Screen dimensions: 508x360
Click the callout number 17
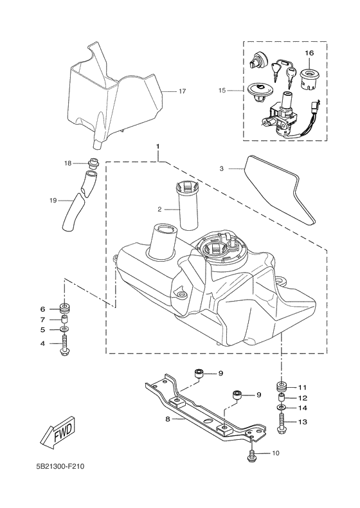[x=182, y=91]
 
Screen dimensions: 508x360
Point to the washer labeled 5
[x=64, y=329]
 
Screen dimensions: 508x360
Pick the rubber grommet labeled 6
[x=64, y=307]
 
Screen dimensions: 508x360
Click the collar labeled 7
[x=64, y=319]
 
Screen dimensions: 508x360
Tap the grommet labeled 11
[x=282, y=387]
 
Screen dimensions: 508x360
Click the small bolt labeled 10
[x=252, y=455]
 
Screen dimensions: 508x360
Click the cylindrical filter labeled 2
[x=188, y=206]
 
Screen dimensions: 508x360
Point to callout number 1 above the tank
[x=158, y=149]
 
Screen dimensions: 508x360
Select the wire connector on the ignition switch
[x=316, y=106]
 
